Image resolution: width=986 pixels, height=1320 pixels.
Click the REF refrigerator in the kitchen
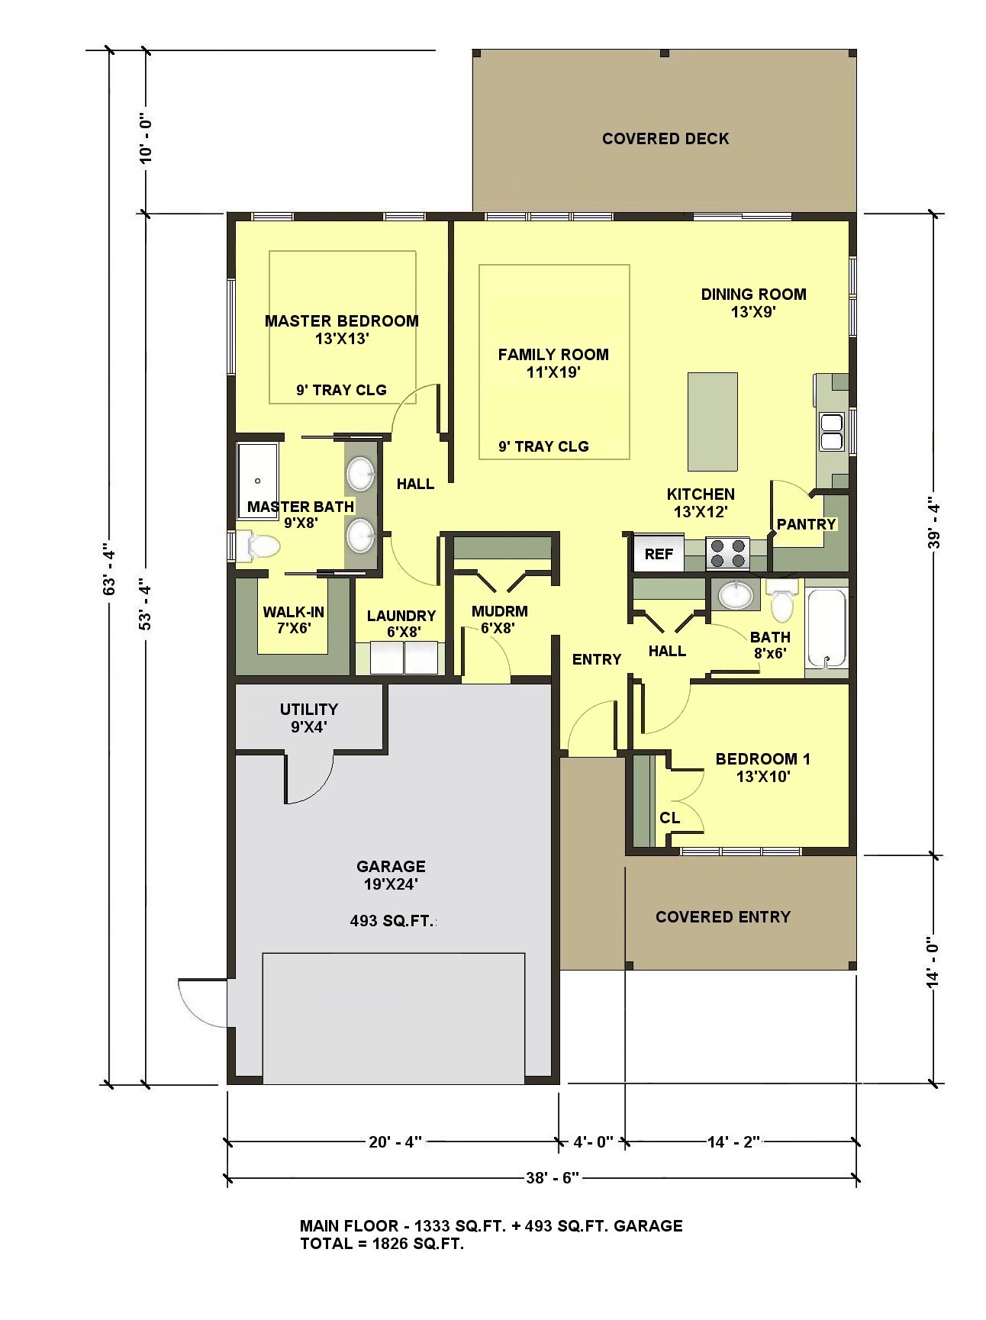pyautogui.click(x=659, y=554)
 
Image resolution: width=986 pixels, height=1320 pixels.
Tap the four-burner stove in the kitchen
pyautogui.click(x=727, y=553)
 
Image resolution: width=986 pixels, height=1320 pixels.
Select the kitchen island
pyautogui.click(x=713, y=422)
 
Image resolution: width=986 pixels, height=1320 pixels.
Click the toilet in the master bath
pyautogui.click(x=257, y=546)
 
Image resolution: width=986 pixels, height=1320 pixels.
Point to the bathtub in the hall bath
pyautogui.click(x=826, y=629)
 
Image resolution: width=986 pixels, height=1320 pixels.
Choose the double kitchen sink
pyautogui.click(x=831, y=432)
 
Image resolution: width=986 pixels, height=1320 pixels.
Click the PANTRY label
pyautogui.click(x=806, y=524)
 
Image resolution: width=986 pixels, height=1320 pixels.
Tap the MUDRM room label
pyautogui.click(x=500, y=611)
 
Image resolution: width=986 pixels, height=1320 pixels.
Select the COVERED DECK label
pyautogui.click(x=665, y=139)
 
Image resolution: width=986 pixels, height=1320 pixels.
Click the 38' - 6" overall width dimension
pyautogui.click(x=553, y=1177)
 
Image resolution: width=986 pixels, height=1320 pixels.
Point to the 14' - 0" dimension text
pyautogui.click(x=933, y=962)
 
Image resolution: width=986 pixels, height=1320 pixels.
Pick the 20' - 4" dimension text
pyautogui.click(x=395, y=1141)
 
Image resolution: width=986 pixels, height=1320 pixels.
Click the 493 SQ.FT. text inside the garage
pyautogui.click(x=391, y=921)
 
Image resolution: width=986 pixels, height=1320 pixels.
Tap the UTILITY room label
pyautogui.click(x=308, y=709)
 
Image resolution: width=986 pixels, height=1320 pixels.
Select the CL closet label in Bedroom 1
pyautogui.click(x=669, y=818)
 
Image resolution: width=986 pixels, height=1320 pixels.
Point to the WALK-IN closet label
pyautogui.click(x=293, y=612)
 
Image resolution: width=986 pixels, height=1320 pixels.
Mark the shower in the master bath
pyautogui.click(x=258, y=481)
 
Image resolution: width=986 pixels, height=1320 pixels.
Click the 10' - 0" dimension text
pyautogui.click(x=146, y=137)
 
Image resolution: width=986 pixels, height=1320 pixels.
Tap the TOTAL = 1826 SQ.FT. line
pyautogui.click(x=382, y=1244)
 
